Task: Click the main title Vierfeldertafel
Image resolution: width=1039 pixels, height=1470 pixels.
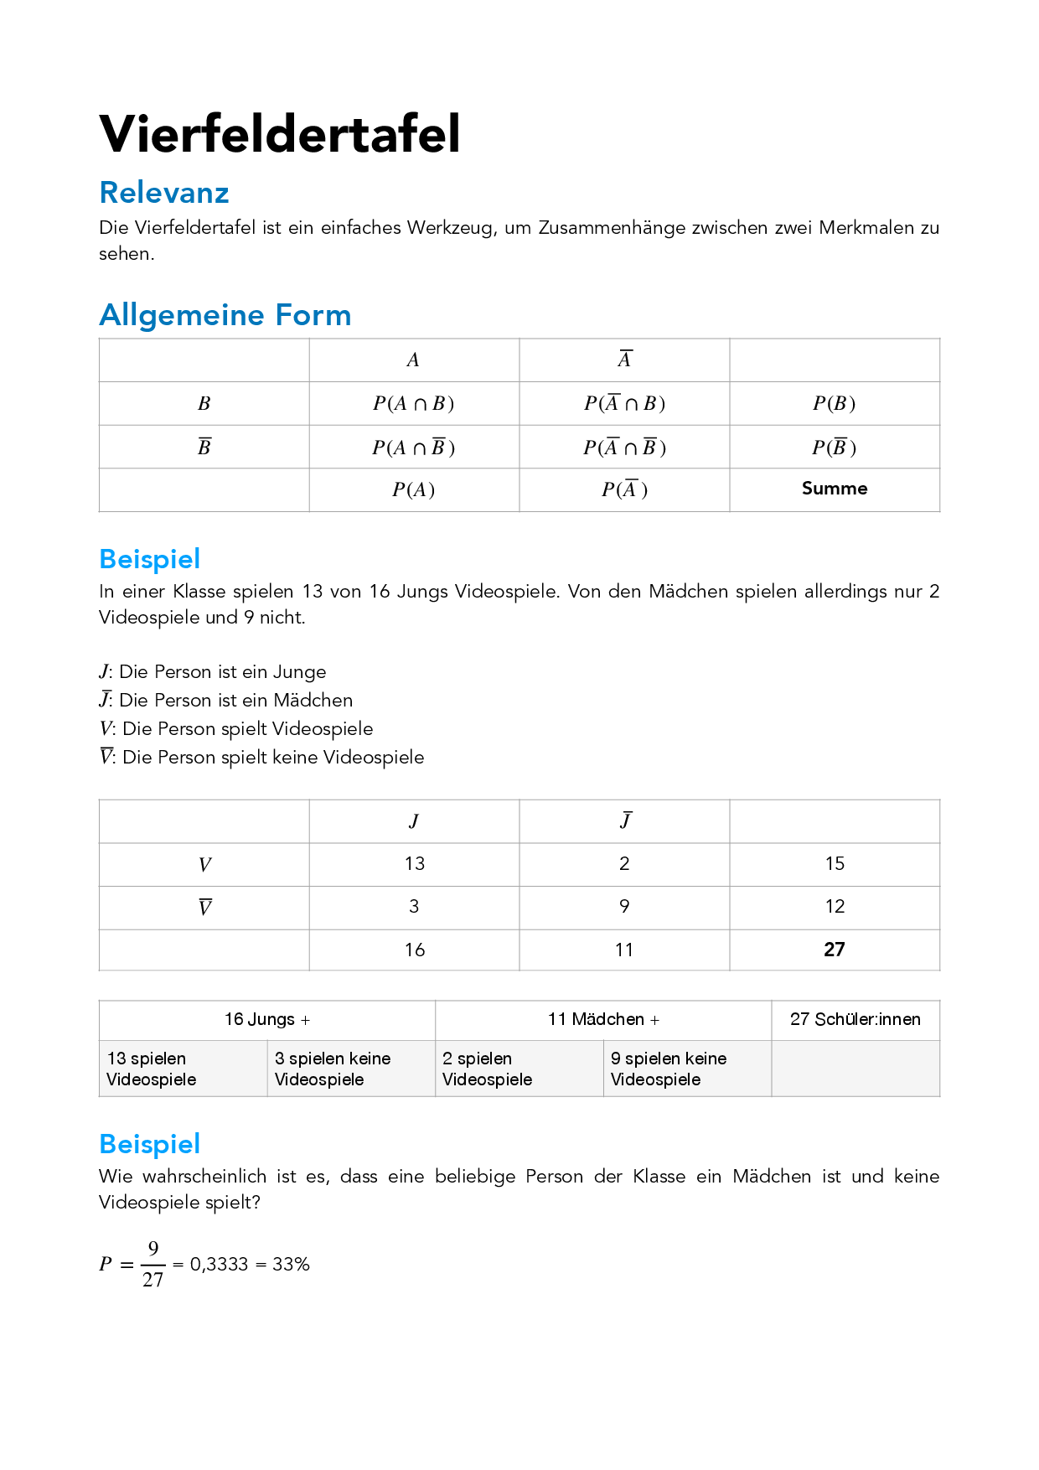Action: tap(280, 134)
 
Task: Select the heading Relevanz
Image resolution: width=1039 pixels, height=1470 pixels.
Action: tap(164, 193)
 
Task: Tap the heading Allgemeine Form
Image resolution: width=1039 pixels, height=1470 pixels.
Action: tap(225, 315)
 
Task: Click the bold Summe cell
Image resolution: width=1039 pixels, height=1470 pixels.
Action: tap(834, 489)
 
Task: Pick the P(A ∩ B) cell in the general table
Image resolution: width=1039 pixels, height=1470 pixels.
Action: tap(413, 404)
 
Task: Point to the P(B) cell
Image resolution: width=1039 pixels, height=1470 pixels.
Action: tap(834, 404)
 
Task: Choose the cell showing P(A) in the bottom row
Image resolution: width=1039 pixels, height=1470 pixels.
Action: tap(413, 489)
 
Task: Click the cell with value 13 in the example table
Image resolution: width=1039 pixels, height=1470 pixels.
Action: tap(414, 864)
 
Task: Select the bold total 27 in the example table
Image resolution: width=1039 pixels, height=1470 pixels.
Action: tap(834, 950)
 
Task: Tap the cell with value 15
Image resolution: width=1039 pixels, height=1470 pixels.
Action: tap(834, 864)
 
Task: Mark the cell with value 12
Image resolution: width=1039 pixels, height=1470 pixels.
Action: tap(834, 907)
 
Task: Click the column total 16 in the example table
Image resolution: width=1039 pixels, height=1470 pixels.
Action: tap(414, 950)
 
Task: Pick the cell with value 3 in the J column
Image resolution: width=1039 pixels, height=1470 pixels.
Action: tap(414, 907)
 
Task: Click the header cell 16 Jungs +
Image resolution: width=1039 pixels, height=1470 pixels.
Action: tap(267, 1020)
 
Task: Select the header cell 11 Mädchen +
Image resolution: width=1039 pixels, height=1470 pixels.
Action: tap(603, 1020)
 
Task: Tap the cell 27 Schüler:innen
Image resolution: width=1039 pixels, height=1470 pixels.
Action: tap(855, 1020)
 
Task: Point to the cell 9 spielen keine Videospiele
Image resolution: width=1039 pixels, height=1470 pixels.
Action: tap(669, 1069)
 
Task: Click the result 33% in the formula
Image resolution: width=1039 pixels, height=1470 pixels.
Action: tap(291, 1265)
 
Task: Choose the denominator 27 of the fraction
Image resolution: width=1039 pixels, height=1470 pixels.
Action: tap(152, 1280)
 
